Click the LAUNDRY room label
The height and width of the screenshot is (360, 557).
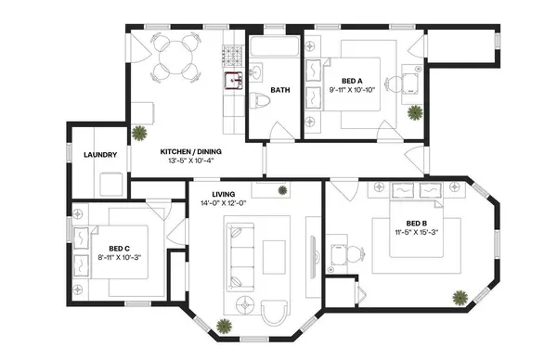(100, 155)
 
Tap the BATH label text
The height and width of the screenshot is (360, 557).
(280, 90)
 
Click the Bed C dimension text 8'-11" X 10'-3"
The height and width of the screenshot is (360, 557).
(118, 257)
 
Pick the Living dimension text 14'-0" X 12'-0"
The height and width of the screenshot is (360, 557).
(215, 204)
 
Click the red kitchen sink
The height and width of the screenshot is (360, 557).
(229, 80)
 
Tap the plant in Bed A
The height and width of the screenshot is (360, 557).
(414, 112)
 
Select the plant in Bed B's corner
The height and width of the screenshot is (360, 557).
(460, 298)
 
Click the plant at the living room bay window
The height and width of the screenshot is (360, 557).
(224, 325)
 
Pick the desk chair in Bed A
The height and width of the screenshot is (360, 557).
(395, 84)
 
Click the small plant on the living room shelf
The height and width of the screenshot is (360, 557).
(282, 190)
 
